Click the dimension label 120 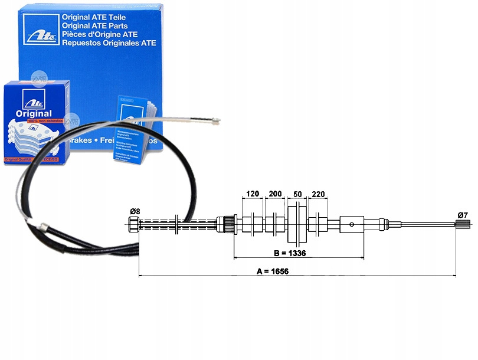click(x=253, y=194)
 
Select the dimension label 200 click(x=275, y=194)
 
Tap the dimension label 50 click(x=297, y=194)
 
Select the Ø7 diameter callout click(x=463, y=215)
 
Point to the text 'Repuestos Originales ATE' click(x=113, y=42)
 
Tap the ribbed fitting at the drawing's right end click(x=463, y=224)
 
